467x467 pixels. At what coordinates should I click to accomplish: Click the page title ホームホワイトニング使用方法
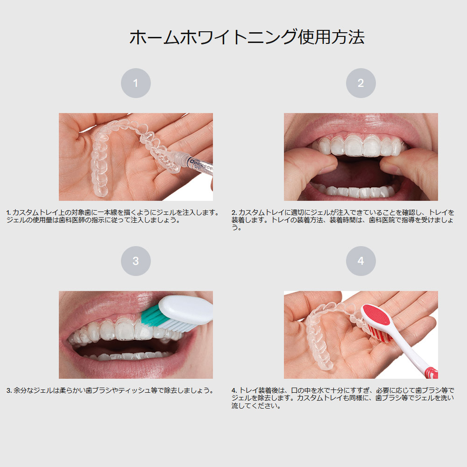(247, 37)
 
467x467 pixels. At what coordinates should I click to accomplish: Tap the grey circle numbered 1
(136, 83)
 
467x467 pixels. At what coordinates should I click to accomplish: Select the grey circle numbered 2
(361, 83)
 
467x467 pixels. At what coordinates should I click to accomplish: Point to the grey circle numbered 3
(136, 261)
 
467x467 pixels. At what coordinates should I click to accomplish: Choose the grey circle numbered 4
(361, 261)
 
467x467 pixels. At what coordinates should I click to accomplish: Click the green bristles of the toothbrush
(151, 316)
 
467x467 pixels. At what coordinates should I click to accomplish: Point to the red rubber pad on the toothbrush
(377, 314)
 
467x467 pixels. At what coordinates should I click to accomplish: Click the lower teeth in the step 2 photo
(354, 191)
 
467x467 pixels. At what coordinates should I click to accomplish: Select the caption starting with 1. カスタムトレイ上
(113, 216)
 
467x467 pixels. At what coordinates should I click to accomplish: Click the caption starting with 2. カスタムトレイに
(343, 220)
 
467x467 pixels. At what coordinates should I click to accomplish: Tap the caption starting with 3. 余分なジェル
(110, 390)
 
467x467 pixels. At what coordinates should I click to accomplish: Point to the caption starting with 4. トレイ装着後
(343, 398)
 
